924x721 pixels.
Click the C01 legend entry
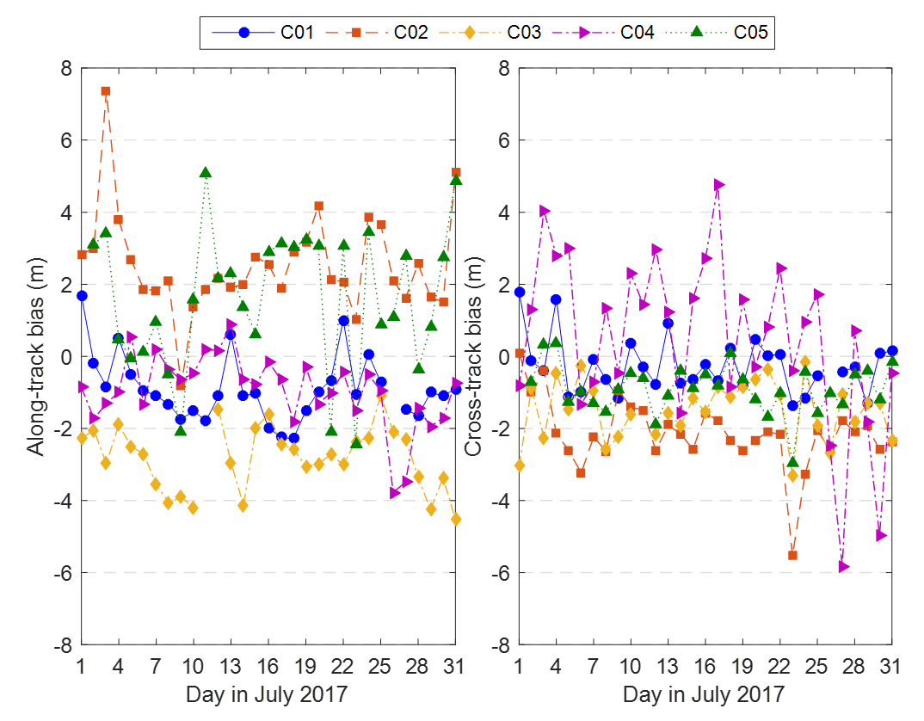(263, 33)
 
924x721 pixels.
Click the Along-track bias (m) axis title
(35, 356)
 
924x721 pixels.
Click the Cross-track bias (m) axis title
(473, 356)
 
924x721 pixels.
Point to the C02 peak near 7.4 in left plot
(106, 91)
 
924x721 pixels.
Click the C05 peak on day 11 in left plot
(206, 173)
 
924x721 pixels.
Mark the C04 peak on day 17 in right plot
(718, 185)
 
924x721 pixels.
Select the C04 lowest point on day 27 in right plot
(843, 566)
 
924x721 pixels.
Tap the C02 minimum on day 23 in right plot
(793, 555)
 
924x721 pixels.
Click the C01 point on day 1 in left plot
(82, 295)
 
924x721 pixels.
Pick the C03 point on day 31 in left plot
(456, 519)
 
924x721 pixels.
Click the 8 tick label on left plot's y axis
(66, 68)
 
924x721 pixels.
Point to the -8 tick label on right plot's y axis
(499, 645)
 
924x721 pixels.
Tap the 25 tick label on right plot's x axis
(818, 668)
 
